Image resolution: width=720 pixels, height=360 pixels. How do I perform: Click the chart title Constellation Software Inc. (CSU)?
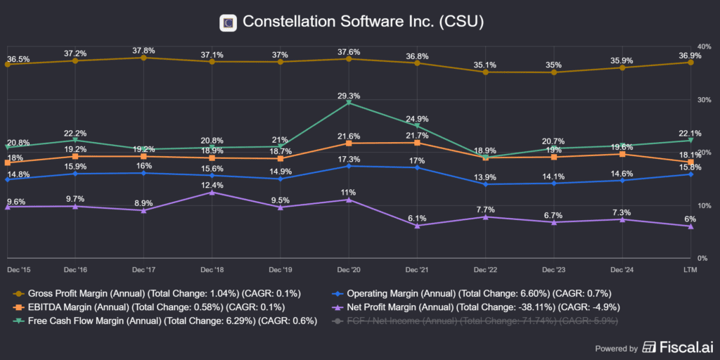363,22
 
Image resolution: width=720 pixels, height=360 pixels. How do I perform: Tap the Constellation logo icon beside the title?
228,22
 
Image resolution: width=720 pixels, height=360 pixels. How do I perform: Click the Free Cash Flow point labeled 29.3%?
349,103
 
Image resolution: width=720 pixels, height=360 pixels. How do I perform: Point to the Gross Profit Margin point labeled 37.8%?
144,58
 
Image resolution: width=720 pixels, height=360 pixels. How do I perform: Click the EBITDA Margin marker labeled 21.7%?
417,143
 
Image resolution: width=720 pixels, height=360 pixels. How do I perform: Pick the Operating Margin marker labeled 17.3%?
349,166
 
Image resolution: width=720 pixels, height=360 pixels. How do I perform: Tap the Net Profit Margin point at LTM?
690,226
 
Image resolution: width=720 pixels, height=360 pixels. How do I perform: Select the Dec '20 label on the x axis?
349,269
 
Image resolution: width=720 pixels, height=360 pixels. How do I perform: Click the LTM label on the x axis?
690,269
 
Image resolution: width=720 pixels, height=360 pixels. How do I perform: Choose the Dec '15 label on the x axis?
20,269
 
